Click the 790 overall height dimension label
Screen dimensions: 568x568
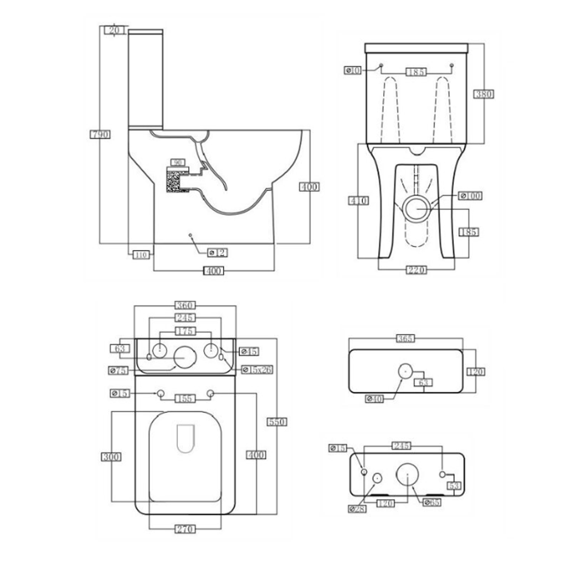(x=100, y=134)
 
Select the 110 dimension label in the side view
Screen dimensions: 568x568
(x=141, y=255)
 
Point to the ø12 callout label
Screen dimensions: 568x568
(x=218, y=253)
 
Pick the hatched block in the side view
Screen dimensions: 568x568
(x=173, y=181)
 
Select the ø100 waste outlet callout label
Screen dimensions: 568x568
(x=470, y=196)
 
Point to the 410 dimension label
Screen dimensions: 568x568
(x=359, y=201)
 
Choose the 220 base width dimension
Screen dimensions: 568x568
(x=416, y=270)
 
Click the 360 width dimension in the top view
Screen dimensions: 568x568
(x=185, y=305)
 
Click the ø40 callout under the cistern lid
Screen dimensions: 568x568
(x=375, y=399)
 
